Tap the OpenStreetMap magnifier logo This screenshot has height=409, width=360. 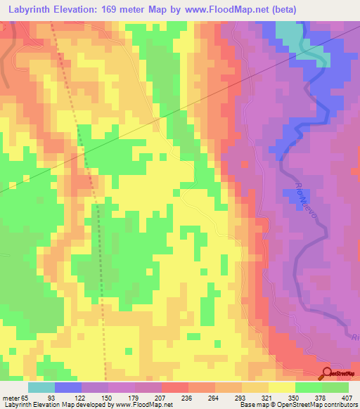click(x=327, y=373)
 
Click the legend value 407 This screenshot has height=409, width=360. click(x=349, y=397)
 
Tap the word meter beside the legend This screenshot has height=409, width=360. click(x=10, y=397)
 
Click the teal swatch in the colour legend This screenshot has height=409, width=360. click(x=41, y=387)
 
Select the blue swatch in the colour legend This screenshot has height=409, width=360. click(x=68, y=387)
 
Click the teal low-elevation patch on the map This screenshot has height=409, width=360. click(x=288, y=32)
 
